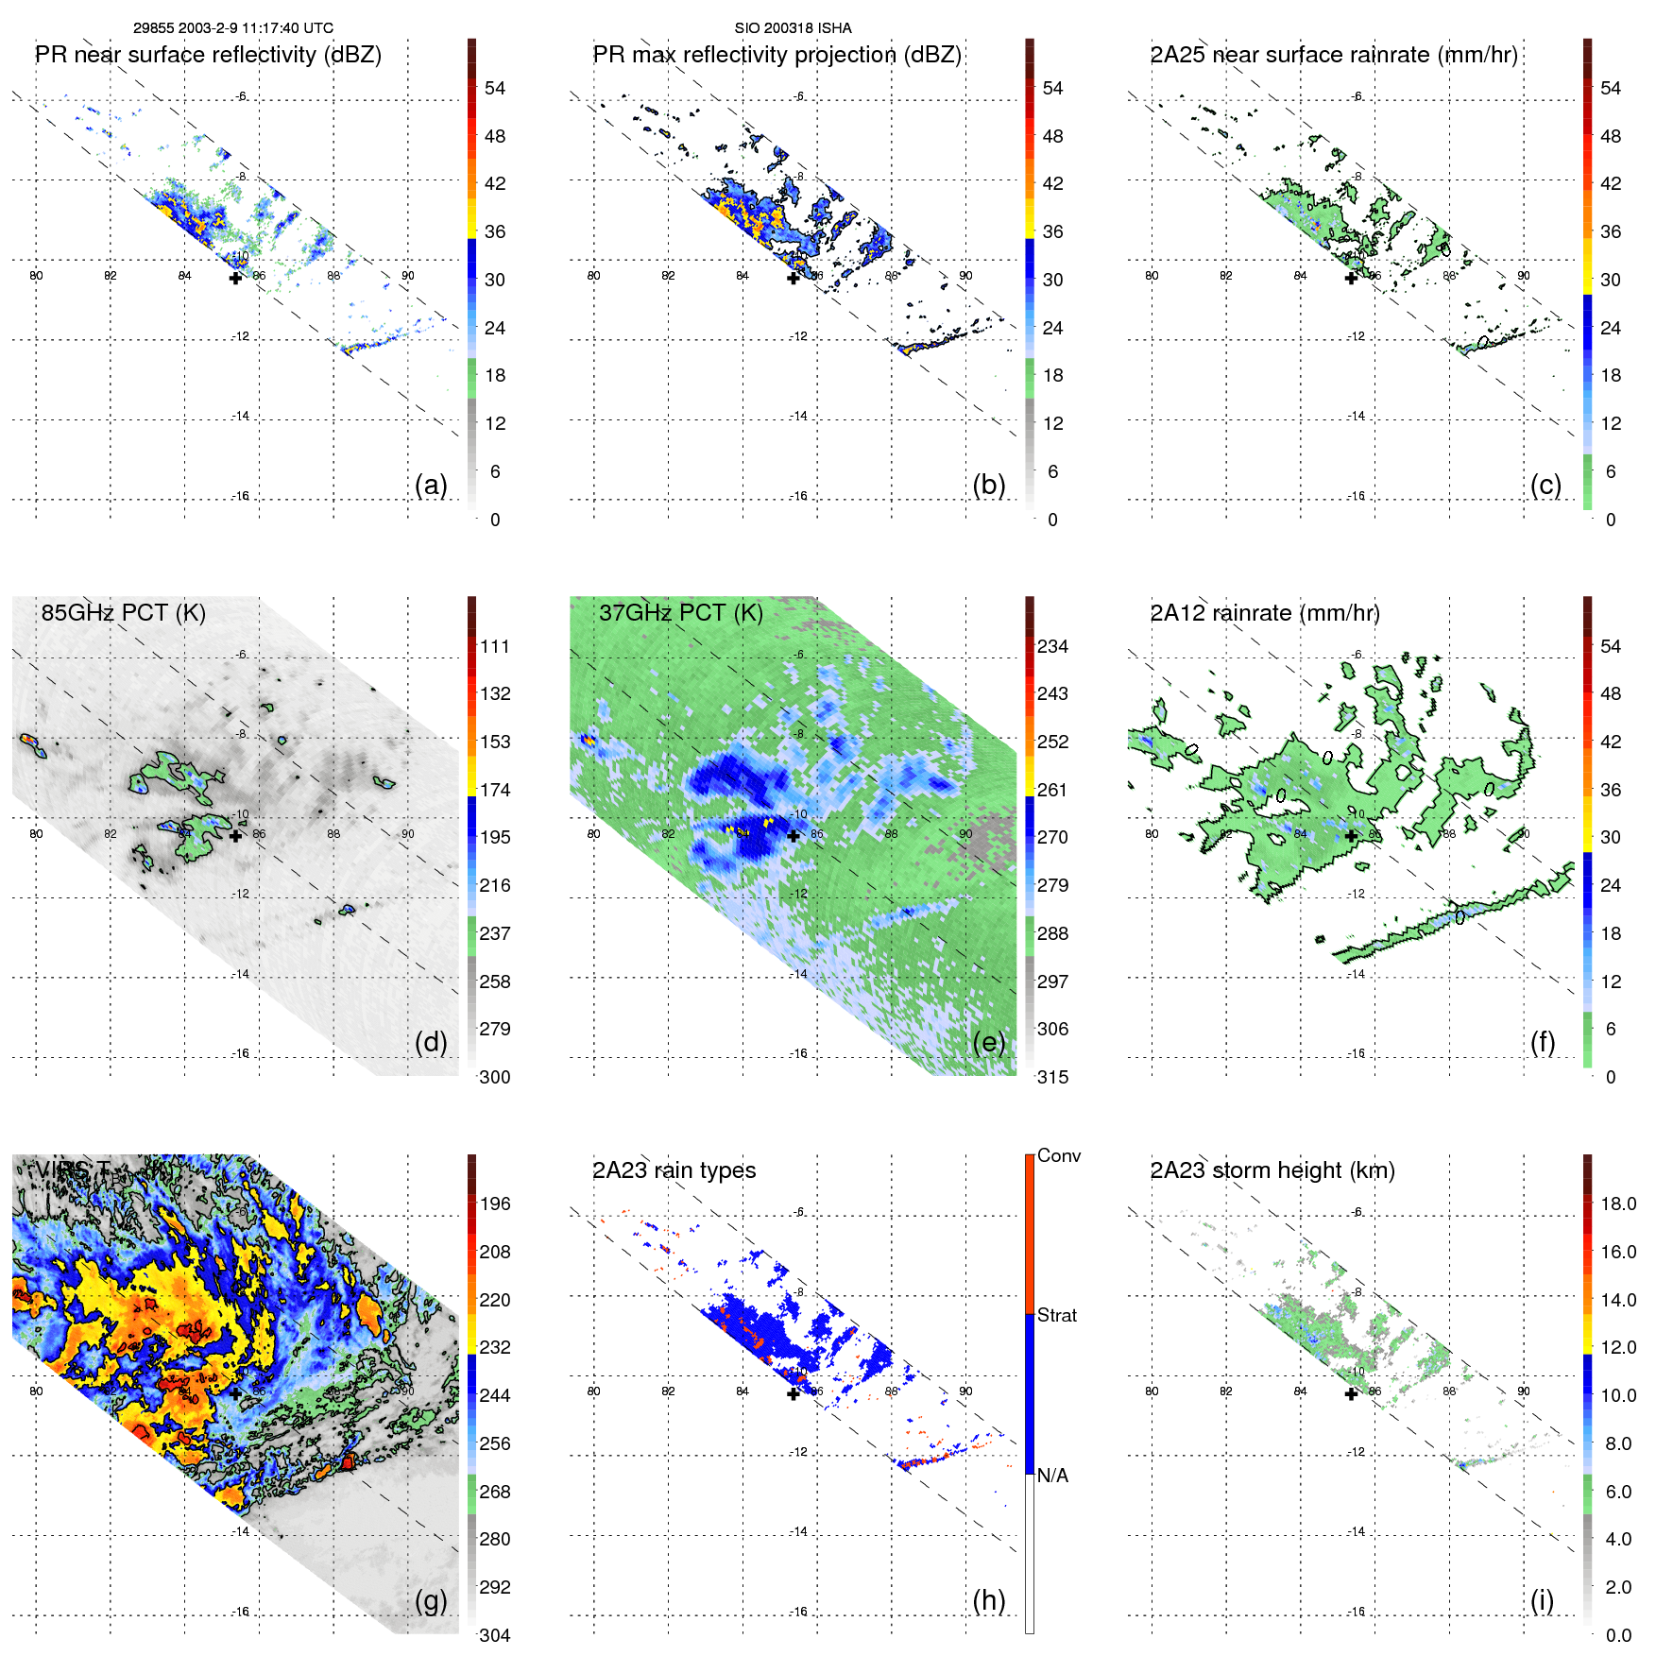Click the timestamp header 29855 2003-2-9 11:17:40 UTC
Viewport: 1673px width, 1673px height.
tap(232, 28)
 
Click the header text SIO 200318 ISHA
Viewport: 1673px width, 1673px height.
tap(793, 28)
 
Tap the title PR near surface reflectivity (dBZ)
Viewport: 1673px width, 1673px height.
tap(208, 55)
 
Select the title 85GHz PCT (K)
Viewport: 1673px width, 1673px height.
tap(123, 613)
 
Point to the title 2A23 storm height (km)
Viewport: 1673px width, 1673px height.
tap(1272, 1170)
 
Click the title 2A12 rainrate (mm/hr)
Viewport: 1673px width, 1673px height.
tap(1264, 613)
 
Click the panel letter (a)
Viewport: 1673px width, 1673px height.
tap(431, 486)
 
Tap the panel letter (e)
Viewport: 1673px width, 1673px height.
tap(988, 1043)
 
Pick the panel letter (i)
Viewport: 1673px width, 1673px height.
tap(1542, 1600)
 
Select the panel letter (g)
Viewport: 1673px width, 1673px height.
tap(431, 1600)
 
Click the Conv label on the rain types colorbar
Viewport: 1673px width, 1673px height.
tap(1059, 1155)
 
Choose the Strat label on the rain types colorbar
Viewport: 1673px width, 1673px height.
tap(1057, 1315)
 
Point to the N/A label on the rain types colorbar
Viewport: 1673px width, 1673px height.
tap(1052, 1476)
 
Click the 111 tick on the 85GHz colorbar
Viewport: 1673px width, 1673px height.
tap(495, 646)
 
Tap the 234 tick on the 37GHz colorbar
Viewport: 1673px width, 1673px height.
tap(1052, 646)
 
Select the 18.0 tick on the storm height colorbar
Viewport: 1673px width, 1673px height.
tap(1618, 1204)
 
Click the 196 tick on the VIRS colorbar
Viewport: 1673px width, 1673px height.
tap(495, 1204)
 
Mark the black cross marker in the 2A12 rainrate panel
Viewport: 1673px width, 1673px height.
tap(1351, 836)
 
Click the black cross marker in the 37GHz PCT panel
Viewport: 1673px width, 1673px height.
tap(794, 836)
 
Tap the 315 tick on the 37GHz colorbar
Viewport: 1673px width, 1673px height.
tap(1052, 1077)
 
